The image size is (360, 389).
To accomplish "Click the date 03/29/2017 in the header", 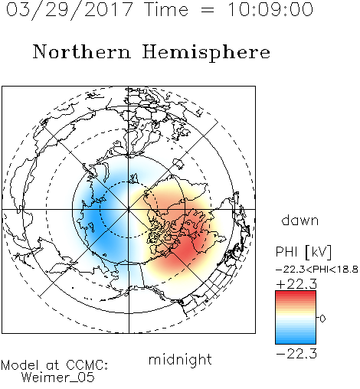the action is click(x=70, y=10).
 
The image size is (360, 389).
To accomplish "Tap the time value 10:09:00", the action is click(x=270, y=9).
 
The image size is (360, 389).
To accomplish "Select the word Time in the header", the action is click(x=166, y=9).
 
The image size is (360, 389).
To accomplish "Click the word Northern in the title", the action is click(x=82, y=52).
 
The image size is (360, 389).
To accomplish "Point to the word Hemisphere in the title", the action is click(x=206, y=53).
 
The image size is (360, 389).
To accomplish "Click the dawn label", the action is click(x=300, y=220).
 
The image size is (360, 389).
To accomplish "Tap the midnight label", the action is click(x=180, y=359).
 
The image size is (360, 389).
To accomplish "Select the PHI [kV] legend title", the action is click(x=303, y=252).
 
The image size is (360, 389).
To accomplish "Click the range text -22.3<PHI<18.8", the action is click(x=317, y=270).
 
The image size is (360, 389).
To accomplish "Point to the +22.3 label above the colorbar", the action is click(x=296, y=284).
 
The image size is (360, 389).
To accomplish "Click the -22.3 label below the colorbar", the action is click(x=296, y=354).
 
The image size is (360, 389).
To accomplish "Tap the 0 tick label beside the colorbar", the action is click(x=322, y=319).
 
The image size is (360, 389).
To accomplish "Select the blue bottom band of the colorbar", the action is click(x=296, y=341).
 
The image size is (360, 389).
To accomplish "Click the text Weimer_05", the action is click(x=58, y=377).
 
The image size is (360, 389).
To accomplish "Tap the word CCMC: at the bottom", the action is click(x=87, y=365).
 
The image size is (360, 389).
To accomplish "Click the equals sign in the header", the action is click(x=208, y=10).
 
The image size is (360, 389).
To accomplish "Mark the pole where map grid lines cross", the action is click(x=129, y=209).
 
